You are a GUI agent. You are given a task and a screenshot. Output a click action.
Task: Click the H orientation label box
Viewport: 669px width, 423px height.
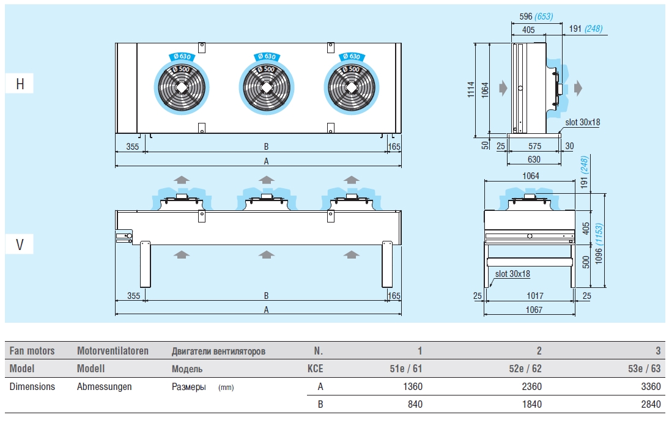(20, 84)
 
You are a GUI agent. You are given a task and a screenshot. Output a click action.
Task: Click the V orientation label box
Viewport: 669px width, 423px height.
(20, 245)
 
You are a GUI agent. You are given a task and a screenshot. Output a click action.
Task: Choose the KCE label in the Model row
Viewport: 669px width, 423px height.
(315, 369)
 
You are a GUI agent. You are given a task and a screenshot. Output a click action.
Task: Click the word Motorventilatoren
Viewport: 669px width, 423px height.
(113, 351)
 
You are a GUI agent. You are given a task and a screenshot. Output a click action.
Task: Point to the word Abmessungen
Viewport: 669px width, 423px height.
(105, 386)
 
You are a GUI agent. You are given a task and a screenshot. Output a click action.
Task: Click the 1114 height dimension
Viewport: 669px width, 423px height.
(479, 90)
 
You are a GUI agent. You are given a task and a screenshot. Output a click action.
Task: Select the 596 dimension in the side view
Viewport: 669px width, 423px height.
(520, 17)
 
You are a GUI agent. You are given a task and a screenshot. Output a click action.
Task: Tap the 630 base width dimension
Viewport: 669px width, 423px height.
(534, 160)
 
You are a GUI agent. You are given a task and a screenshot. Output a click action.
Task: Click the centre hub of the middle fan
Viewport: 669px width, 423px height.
(267, 87)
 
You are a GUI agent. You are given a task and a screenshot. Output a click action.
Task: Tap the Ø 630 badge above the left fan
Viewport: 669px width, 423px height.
(182, 56)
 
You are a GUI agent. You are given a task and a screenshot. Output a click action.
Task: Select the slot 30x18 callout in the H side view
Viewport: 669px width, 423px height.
(583, 122)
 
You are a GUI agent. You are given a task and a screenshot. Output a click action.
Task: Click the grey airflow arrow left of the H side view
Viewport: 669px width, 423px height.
(502, 88)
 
